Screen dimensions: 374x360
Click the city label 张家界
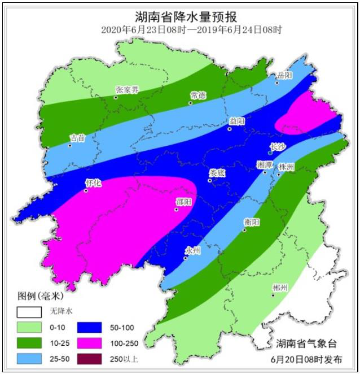127,89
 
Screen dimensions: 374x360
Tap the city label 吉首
77,137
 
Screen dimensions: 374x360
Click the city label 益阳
238,121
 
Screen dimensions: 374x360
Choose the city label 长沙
278,147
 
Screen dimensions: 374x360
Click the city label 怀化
93,183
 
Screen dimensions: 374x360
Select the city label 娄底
217,173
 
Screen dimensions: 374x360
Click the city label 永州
193,250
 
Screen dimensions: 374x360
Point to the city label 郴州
280,288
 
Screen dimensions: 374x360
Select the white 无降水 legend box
30,311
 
